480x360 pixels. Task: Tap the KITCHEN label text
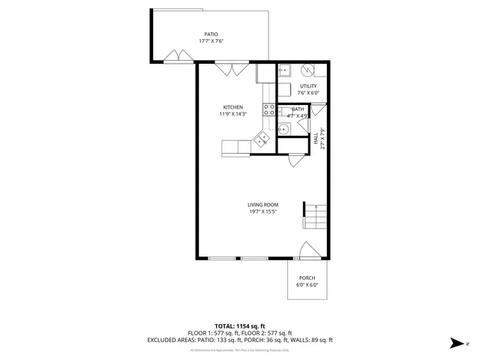(x=233, y=107)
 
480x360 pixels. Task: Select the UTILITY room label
(x=308, y=86)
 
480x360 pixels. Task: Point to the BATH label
(x=298, y=109)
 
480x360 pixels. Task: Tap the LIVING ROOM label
(x=263, y=205)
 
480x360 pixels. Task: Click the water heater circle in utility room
(x=307, y=71)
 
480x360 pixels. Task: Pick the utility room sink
(x=285, y=71)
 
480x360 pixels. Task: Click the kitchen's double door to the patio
(x=227, y=69)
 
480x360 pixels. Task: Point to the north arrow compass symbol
(x=457, y=343)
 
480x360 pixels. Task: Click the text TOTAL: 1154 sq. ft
(x=239, y=325)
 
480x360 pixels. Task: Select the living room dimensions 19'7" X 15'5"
(x=263, y=211)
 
